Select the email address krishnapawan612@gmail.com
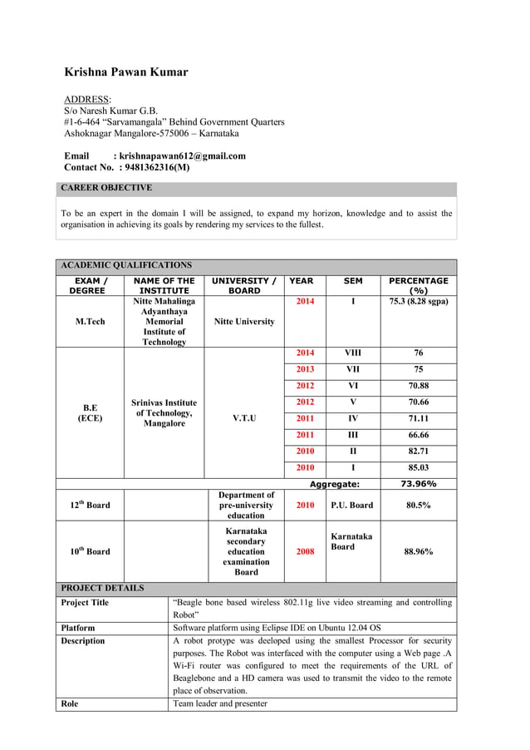[x=182, y=155]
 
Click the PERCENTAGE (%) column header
[x=418, y=286]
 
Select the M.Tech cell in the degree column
[x=90, y=322]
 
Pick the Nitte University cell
[x=244, y=322]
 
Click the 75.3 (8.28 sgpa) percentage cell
[x=418, y=301]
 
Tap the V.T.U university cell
[x=244, y=418]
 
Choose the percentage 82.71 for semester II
[x=418, y=451]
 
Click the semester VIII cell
[x=353, y=353]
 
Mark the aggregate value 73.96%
[x=418, y=484]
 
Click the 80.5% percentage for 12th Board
[x=418, y=505]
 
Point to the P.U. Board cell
[x=352, y=505]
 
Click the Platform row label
[x=78, y=628]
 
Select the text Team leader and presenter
[x=220, y=703]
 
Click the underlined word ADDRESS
[x=86, y=99]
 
